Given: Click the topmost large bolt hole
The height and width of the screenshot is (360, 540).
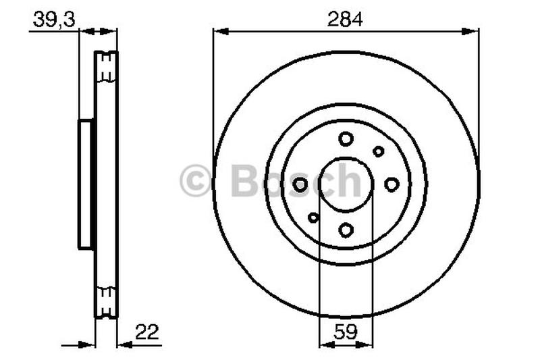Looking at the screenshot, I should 346,138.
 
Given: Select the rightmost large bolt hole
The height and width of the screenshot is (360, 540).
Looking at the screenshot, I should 391,184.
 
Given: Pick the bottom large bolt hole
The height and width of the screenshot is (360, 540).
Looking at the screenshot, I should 346,230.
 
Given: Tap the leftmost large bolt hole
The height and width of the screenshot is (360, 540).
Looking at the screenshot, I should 300,184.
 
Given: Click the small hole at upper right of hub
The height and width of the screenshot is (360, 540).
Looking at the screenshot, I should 379,151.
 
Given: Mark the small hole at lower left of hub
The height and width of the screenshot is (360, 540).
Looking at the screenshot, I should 313,217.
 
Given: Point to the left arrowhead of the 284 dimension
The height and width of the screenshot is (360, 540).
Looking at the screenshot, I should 217,30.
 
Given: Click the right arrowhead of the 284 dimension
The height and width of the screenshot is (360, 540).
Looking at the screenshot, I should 474,30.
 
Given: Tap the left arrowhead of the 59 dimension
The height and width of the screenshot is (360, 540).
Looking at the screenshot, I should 323,344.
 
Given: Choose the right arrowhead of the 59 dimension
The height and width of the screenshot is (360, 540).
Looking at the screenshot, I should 368,344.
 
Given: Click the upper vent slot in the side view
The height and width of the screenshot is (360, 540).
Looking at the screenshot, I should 106,67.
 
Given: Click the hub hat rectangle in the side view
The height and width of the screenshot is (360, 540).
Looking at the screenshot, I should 86,184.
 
